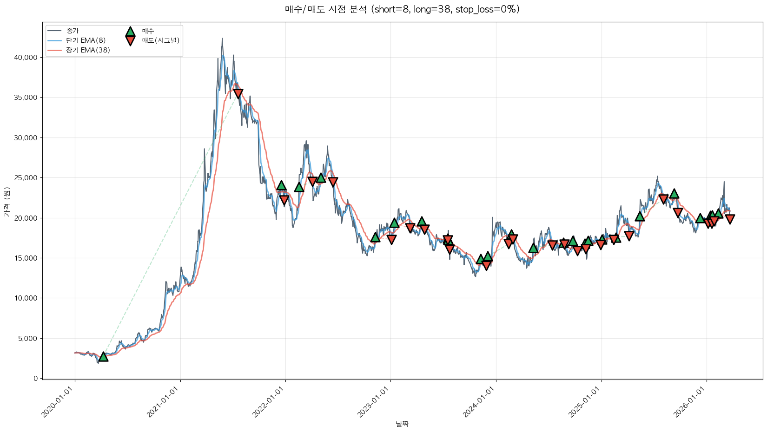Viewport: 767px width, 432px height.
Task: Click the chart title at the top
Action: (402, 9)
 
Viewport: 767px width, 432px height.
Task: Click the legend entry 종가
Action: (73, 31)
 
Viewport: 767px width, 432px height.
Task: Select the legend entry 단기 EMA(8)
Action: (86, 40)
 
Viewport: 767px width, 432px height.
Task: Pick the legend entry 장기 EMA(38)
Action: (88, 50)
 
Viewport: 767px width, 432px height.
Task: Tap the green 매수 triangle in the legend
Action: (130, 32)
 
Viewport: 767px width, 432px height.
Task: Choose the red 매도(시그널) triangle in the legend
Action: (130, 41)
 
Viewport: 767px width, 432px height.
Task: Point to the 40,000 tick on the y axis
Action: (26, 58)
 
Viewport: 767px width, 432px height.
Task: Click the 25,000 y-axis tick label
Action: (26, 178)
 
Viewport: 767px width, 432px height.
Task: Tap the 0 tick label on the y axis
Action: (35, 379)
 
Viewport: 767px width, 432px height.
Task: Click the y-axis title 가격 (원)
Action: (7, 202)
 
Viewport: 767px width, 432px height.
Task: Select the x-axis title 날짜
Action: (402, 424)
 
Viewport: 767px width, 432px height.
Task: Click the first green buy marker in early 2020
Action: (103, 357)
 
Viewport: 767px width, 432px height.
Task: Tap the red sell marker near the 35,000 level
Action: (238, 94)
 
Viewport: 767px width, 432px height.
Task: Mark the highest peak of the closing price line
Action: (222, 39)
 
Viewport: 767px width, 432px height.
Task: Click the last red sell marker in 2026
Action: (730, 219)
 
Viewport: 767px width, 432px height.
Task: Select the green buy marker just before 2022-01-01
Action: (281, 186)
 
